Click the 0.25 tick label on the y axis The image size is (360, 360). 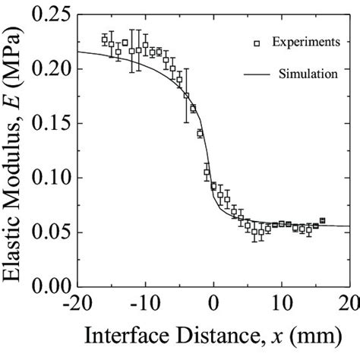tap(47, 14)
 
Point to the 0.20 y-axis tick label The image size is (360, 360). tap(47, 69)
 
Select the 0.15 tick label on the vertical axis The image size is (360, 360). tap(47, 124)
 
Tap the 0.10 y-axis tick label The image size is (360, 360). tap(47, 178)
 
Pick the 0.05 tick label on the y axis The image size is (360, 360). tap(47, 232)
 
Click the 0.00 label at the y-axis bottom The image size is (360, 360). tap(47, 287)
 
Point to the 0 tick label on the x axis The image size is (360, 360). tap(213, 305)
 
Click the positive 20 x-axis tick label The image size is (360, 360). tap(350, 305)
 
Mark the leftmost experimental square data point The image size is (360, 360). tap(105, 39)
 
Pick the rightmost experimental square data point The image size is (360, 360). tap(322, 220)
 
